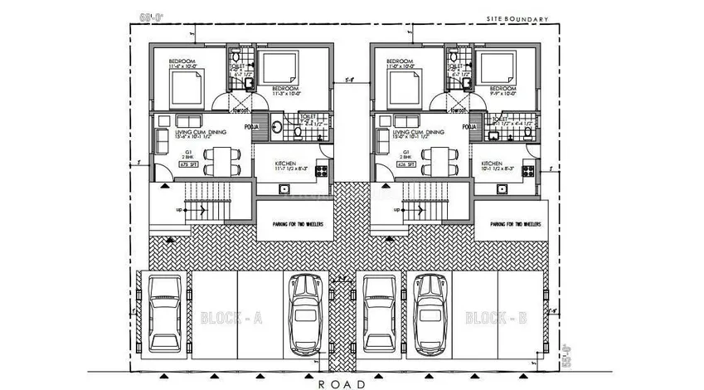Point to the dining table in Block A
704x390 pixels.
(x=220, y=158)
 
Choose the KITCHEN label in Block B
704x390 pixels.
(x=493, y=165)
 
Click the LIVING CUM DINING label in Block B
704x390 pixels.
(x=419, y=133)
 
